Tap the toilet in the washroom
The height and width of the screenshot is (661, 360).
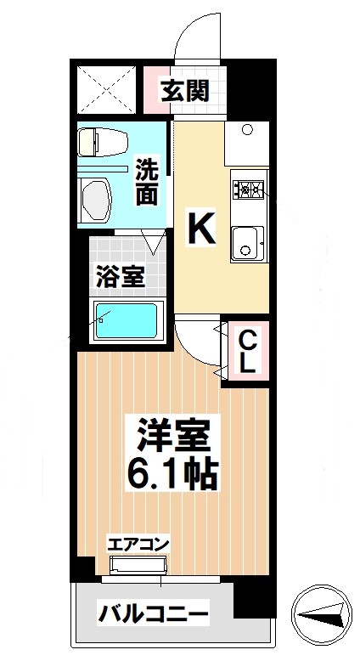100,141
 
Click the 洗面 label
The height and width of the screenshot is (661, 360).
147,182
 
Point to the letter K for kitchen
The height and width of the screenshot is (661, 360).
200,228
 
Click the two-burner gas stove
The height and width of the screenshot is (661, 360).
249,189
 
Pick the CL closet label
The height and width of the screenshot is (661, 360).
246,352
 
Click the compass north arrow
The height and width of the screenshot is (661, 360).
322,614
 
